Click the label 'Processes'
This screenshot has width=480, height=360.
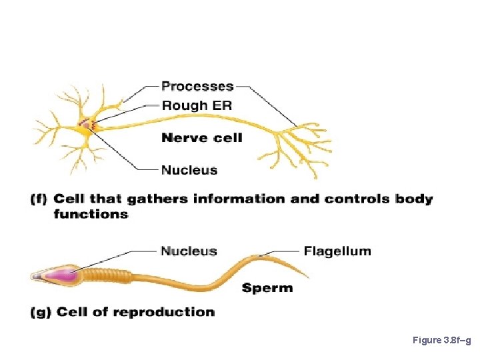pyautogui.click(x=197, y=86)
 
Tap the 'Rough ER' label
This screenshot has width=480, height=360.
pyautogui.click(x=197, y=105)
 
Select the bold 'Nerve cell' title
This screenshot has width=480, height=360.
pyautogui.click(x=202, y=138)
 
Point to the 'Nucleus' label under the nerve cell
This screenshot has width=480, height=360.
pyautogui.click(x=189, y=170)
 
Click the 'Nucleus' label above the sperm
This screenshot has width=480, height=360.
pyautogui.click(x=189, y=251)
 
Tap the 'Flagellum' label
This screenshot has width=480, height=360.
pyautogui.click(x=337, y=251)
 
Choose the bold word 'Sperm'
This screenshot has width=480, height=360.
pyautogui.click(x=267, y=288)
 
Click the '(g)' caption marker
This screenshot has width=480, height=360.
pyautogui.click(x=41, y=312)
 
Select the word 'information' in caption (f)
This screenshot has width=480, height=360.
pyautogui.click(x=221, y=199)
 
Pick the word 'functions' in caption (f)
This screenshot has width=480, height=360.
pyautogui.click(x=91, y=214)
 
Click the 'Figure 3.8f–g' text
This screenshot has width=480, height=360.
pyautogui.click(x=442, y=341)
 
